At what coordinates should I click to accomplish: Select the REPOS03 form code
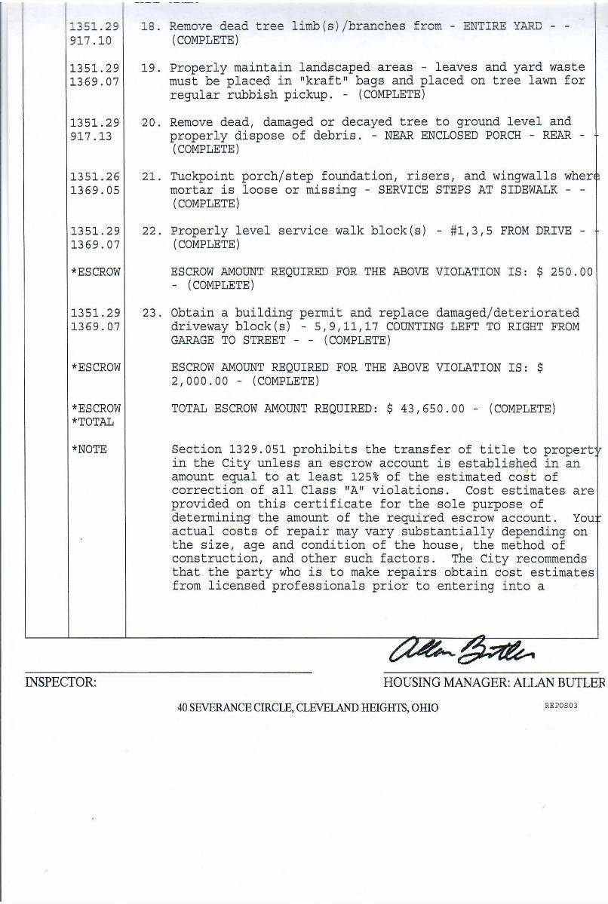pos(560,706)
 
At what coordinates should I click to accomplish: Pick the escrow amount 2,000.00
pos(201,382)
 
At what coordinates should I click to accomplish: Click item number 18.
pos(149,26)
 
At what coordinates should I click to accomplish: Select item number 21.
pos(149,176)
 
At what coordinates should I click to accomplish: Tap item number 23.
pos(149,313)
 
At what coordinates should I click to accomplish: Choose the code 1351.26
pos(94,176)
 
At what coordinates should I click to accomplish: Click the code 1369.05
pos(94,190)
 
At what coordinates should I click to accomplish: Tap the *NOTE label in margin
pos(89,450)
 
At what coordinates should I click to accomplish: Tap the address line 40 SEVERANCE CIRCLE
pos(308,708)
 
